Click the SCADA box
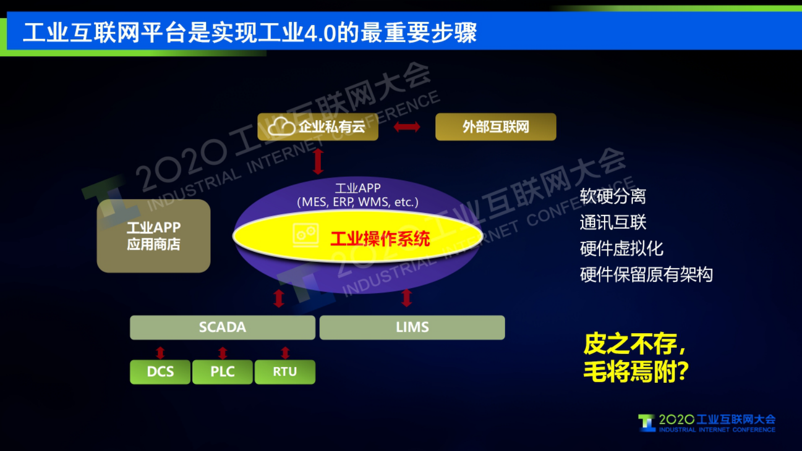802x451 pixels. (x=222, y=327)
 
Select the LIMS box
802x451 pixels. (x=412, y=327)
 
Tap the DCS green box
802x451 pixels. (x=160, y=372)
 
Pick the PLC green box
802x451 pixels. (x=222, y=372)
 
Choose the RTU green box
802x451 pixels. (x=285, y=372)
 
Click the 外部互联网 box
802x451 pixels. (x=495, y=126)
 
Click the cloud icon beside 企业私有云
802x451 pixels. (x=281, y=126)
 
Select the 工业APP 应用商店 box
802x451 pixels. (x=154, y=236)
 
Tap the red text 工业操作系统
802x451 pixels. (x=380, y=239)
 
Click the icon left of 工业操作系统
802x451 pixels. (x=306, y=235)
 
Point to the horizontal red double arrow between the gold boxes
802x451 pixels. (x=407, y=126)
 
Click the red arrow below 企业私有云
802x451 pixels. (x=318, y=161)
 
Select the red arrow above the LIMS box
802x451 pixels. (x=407, y=298)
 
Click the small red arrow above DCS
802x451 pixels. (x=160, y=352)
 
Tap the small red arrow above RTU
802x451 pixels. (x=285, y=352)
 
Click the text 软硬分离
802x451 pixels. (x=612, y=196)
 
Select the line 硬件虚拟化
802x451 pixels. (x=621, y=248)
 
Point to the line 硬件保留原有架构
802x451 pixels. (x=646, y=275)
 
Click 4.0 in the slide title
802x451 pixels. (x=320, y=33)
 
